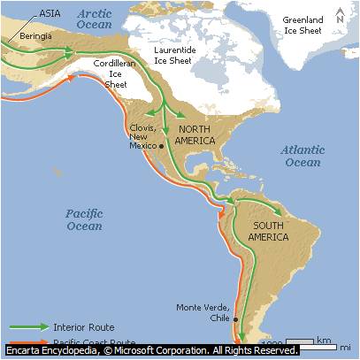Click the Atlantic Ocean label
pyautogui.click(x=302, y=156)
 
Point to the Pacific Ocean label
pyautogui.click(x=85, y=220)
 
